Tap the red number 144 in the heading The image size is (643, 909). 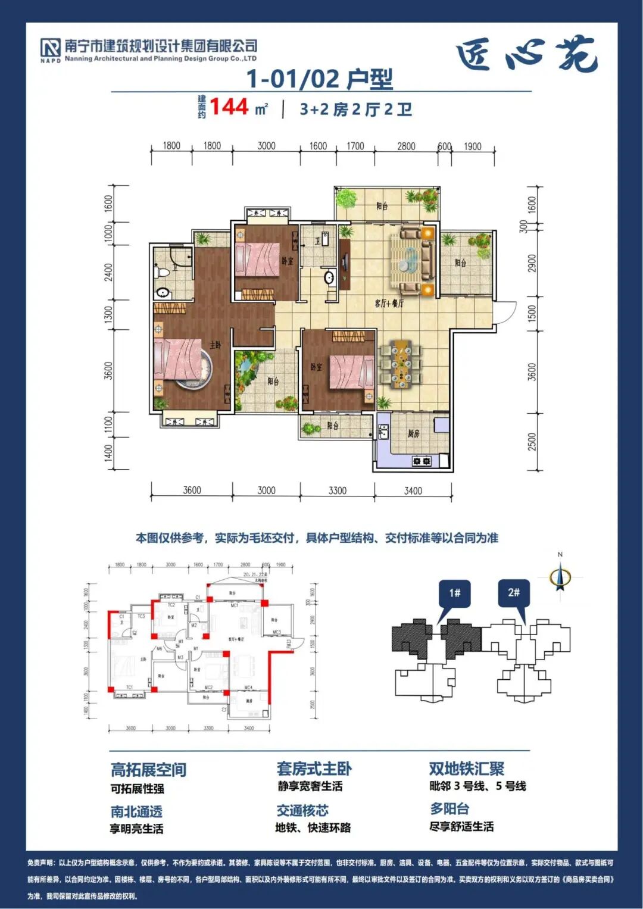pyautogui.click(x=229, y=107)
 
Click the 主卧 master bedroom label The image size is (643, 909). pyautogui.click(x=215, y=345)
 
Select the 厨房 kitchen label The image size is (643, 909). pyautogui.click(x=414, y=433)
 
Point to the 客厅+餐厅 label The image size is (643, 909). pyautogui.click(x=389, y=304)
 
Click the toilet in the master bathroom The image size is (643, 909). pyautogui.click(x=162, y=272)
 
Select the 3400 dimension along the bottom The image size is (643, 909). pyautogui.click(x=413, y=491)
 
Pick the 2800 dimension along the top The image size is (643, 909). pyautogui.click(x=406, y=146)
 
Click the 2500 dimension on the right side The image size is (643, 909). pyautogui.click(x=532, y=442)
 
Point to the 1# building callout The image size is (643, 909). pyautogui.click(x=455, y=593)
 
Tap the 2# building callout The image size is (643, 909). pyautogui.click(x=514, y=593)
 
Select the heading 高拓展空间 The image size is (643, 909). pyautogui.click(x=148, y=770)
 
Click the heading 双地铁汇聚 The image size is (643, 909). pyautogui.click(x=466, y=769)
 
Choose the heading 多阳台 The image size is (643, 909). pyautogui.click(x=450, y=809)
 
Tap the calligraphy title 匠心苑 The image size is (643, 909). pyautogui.click(x=526, y=55)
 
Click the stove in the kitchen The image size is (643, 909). pyautogui.click(x=422, y=461)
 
